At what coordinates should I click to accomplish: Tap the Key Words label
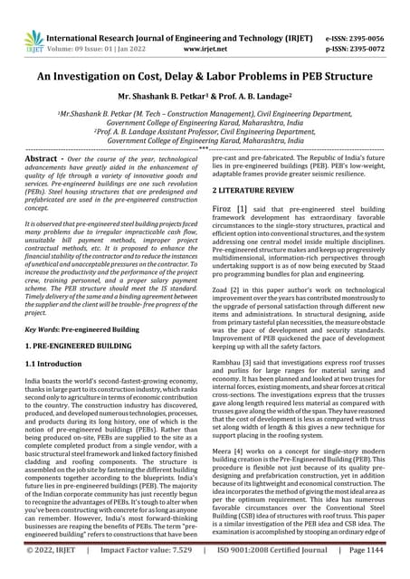[43, 330]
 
